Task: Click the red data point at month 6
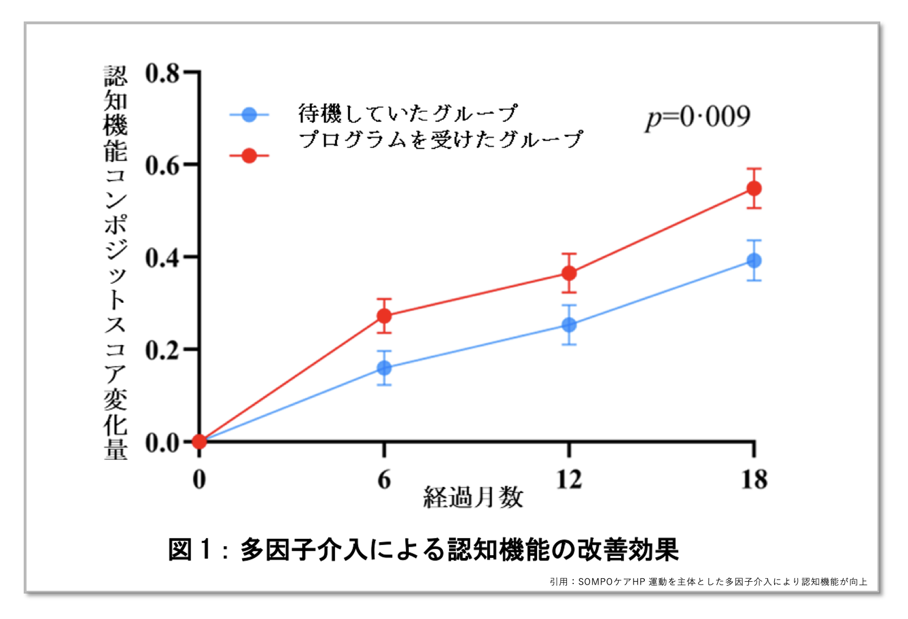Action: coord(384,316)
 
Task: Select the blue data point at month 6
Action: coord(384,368)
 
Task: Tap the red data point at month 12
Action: coord(569,273)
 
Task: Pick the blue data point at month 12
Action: coord(569,325)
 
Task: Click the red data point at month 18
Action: coord(754,189)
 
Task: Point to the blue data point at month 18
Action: coord(754,260)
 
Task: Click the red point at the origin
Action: coord(199,441)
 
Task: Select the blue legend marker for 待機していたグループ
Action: coord(249,115)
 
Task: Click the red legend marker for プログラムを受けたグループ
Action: coord(249,156)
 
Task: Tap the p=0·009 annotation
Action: coord(698,117)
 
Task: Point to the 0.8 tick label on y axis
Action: coord(162,73)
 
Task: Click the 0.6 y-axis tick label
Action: coord(162,165)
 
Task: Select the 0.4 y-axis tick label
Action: coord(162,258)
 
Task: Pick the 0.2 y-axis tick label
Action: coord(162,350)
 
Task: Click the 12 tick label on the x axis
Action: coord(569,479)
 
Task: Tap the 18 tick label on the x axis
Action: coord(754,479)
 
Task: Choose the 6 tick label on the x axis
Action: coord(384,480)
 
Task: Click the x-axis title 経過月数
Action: coord(473,498)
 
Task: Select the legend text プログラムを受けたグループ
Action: coord(440,140)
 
